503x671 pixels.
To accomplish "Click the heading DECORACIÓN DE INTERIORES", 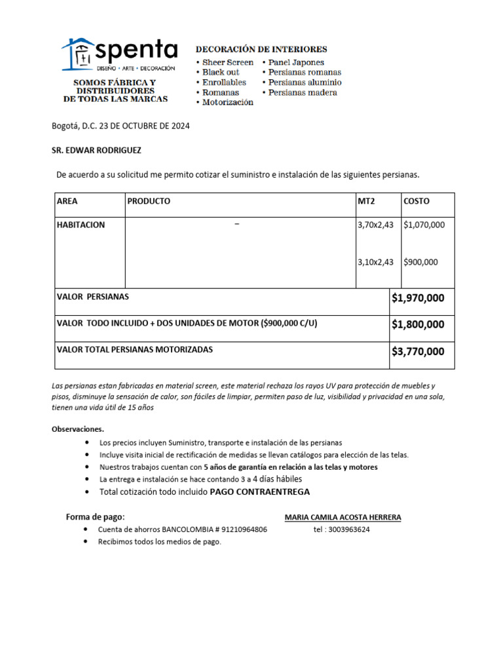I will [262, 49].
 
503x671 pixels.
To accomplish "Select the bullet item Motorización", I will [227, 103].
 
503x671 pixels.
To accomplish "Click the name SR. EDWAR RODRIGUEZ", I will [96, 150].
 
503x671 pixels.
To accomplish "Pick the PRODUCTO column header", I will [149, 201].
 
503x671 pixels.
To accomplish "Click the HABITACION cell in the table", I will [81, 225].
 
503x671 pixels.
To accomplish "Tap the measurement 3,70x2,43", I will [375, 225].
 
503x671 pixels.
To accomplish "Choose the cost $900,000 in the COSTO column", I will [421, 262].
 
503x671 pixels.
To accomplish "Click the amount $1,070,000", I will [424, 225].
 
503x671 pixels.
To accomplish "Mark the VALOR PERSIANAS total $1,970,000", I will [418, 299].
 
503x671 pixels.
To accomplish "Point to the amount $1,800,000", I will [418, 324].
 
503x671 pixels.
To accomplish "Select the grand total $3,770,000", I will [418, 352].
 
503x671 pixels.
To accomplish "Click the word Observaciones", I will [77, 429].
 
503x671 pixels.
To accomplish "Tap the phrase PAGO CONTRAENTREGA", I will [260, 491].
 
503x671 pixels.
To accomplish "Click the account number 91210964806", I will [244, 529].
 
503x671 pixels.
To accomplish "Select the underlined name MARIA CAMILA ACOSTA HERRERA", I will [343, 517].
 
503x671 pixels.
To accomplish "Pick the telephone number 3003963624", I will [348, 529].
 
